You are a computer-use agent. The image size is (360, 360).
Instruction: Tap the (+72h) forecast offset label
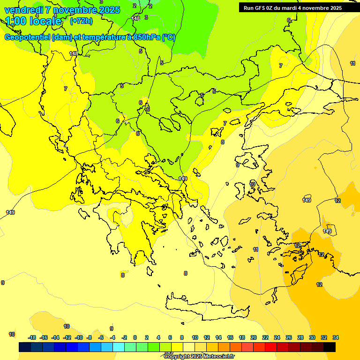click(81, 21)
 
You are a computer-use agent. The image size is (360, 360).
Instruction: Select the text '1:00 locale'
click(33, 21)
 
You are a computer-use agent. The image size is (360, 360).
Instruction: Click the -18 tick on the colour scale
click(32, 337)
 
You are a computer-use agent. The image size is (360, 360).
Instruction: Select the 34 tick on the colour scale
click(336, 337)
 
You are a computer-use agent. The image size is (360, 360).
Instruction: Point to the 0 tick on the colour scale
click(135, 337)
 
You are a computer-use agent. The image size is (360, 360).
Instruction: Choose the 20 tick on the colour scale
click(254, 337)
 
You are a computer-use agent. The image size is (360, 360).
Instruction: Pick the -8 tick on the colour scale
click(89, 337)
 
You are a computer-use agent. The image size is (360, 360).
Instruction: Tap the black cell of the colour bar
click(330, 347)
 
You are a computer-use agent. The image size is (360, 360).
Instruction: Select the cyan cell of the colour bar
click(119, 347)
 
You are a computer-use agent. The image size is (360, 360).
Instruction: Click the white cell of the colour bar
click(189, 347)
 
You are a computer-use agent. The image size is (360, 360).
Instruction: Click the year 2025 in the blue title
click(110, 10)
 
